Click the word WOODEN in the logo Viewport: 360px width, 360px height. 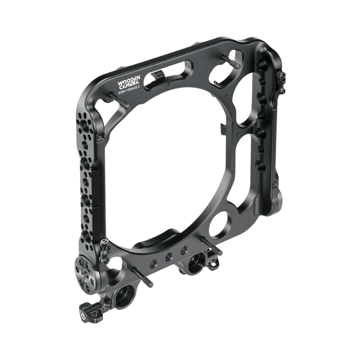point(129,80)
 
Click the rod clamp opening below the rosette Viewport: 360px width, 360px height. point(124,298)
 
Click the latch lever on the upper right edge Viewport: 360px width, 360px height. point(281,80)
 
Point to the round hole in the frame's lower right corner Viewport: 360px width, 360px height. point(221,224)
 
